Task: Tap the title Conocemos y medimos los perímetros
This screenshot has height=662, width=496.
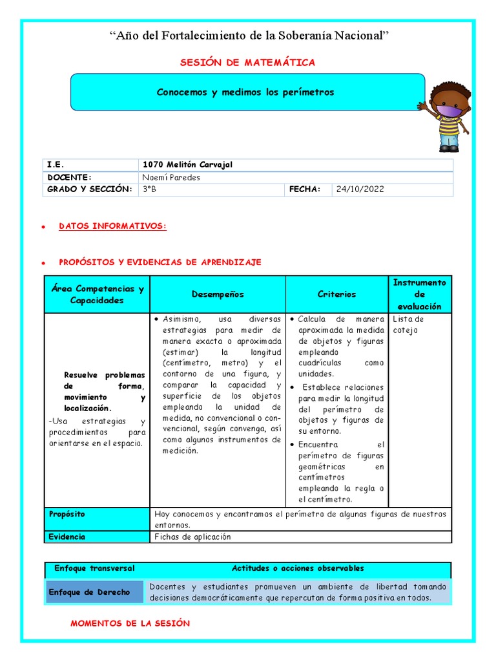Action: tap(245, 92)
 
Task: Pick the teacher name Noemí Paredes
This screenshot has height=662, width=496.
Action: tap(170, 177)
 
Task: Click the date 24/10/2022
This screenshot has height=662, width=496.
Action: tap(360, 189)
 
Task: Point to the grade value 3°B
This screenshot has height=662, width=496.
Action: tap(149, 189)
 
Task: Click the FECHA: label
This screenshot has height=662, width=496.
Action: tap(305, 189)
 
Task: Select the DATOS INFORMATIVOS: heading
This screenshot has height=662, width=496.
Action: tap(112, 226)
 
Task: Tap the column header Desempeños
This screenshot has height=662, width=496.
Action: tap(218, 294)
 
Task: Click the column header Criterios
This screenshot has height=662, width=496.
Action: tap(336, 294)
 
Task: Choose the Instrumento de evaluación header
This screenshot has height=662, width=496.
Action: tap(419, 294)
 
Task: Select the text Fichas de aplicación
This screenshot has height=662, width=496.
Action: tap(192, 537)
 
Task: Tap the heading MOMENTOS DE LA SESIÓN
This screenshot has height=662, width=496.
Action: tap(130, 623)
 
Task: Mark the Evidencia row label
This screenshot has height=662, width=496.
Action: tap(67, 537)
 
